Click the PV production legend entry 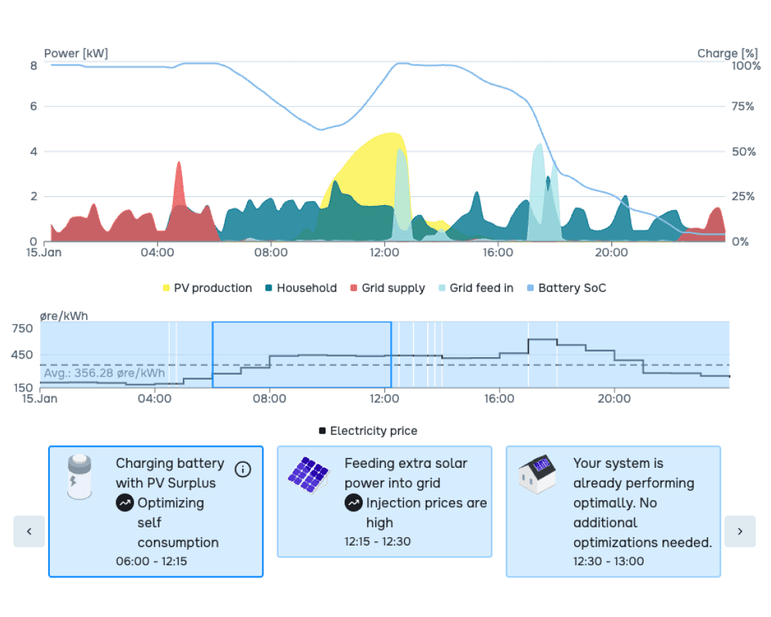tap(207, 288)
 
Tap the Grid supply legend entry tap(387, 288)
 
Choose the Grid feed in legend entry tap(475, 288)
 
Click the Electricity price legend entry tap(368, 431)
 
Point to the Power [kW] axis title tap(76, 53)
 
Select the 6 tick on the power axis tap(33, 106)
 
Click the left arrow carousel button tap(29, 531)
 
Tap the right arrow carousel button tap(740, 531)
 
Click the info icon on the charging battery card tap(242, 469)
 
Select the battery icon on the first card tap(79, 476)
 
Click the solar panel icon tap(309, 474)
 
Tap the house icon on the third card tap(538, 474)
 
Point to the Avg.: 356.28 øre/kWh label tap(104, 373)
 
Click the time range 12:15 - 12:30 tap(377, 541)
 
